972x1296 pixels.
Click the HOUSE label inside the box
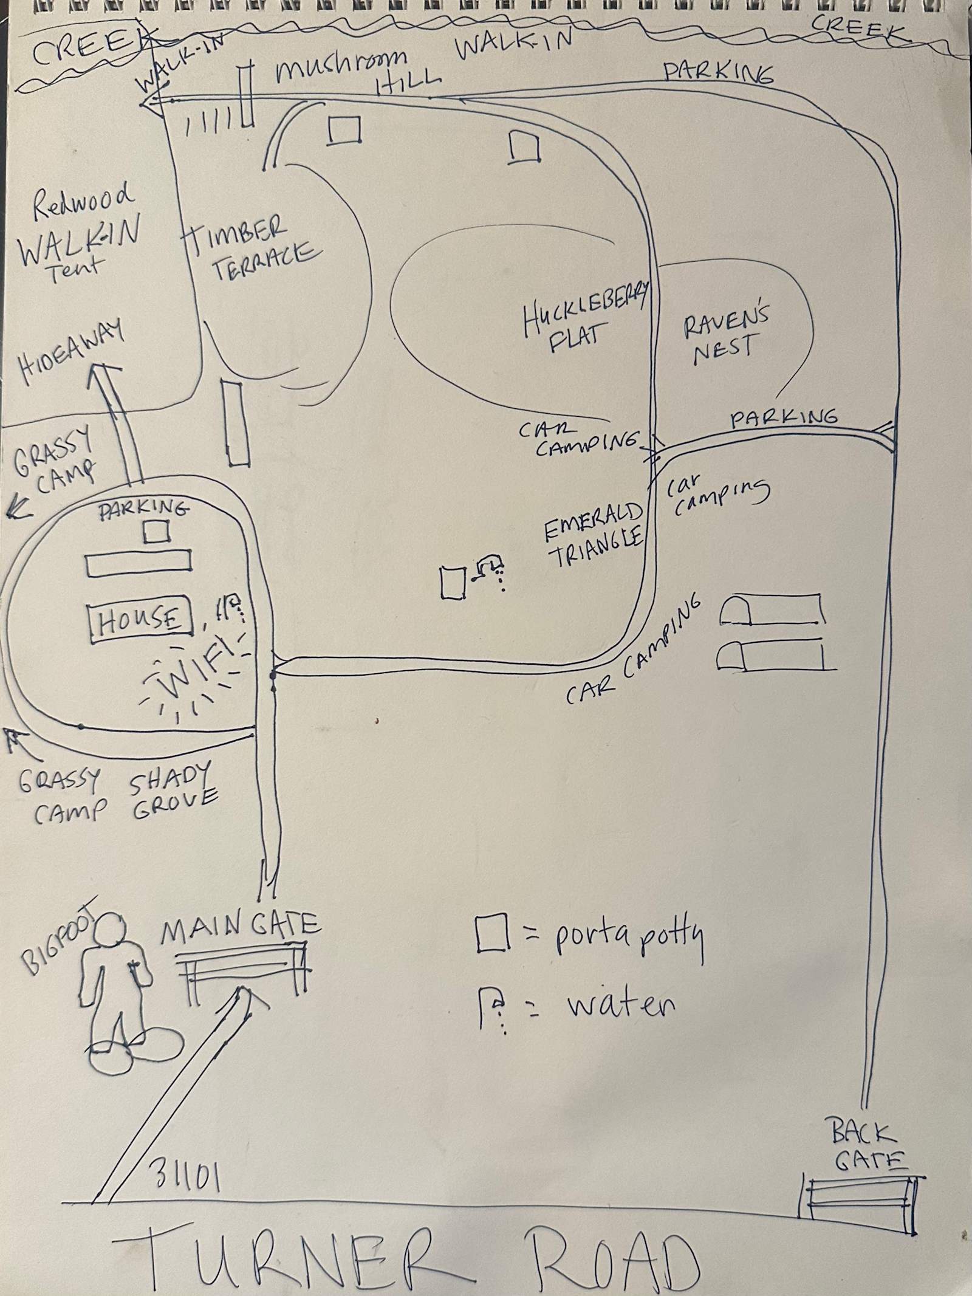coord(140,620)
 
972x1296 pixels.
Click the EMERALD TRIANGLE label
coord(592,535)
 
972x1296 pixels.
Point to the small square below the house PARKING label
coord(156,533)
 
